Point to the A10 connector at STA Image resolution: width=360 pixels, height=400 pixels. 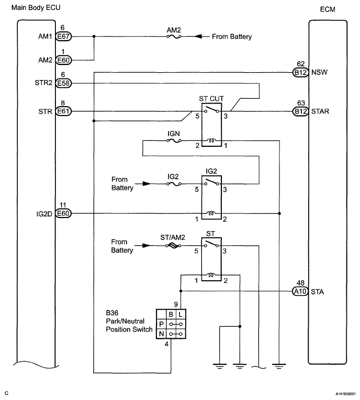click(x=300, y=292)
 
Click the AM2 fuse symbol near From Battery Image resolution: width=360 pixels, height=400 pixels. click(x=173, y=37)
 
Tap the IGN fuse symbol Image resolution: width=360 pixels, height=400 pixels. click(x=173, y=140)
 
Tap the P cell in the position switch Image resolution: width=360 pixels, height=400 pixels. click(x=161, y=324)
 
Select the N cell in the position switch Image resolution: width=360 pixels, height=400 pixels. click(x=161, y=333)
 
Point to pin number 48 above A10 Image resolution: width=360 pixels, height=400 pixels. click(x=299, y=282)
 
